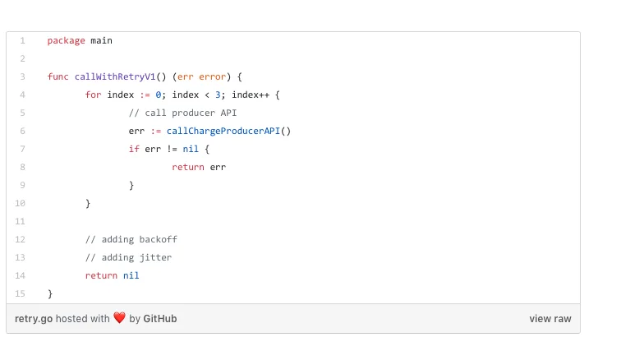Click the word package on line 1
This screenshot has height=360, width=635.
(x=66, y=40)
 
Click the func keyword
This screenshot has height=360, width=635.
(x=58, y=76)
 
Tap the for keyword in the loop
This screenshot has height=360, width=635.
(x=93, y=95)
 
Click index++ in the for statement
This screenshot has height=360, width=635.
(x=251, y=95)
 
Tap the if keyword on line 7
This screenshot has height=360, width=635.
(x=134, y=149)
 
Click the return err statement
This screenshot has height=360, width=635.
(x=199, y=167)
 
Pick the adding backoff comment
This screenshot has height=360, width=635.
(x=131, y=239)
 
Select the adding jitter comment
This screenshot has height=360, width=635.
(x=128, y=257)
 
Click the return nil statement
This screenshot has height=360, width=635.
(x=112, y=275)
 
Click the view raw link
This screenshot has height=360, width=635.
(x=550, y=319)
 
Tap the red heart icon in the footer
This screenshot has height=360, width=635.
(x=119, y=318)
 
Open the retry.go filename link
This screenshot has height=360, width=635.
(x=34, y=319)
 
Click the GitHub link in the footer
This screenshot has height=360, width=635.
(x=160, y=319)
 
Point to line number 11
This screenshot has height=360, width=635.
(x=21, y=221)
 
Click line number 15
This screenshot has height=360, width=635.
(x=21, y=293)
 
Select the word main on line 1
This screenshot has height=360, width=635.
(x=102, y=40)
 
